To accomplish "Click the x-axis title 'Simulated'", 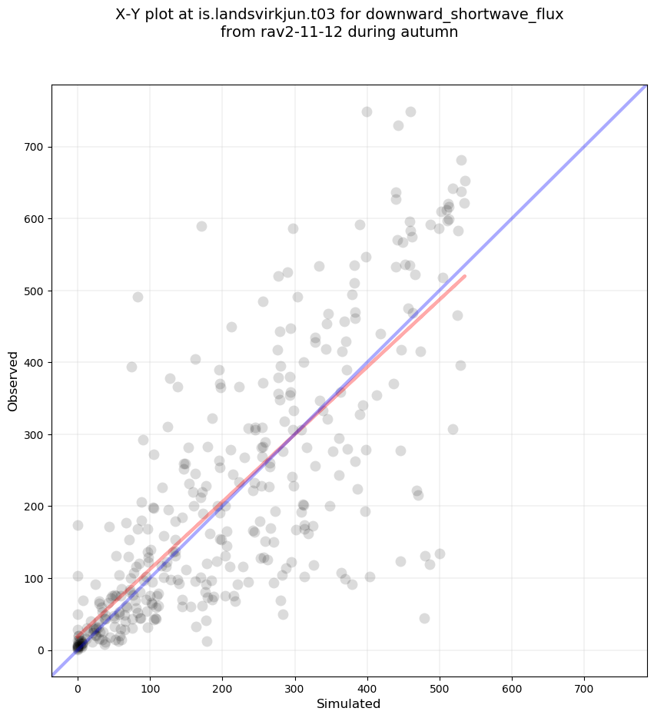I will click(x=349, y=703).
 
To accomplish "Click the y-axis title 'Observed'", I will click(x=13, y=381).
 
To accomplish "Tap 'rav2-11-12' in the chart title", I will click(x=292, y=32).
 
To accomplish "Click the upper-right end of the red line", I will click(x=465, y=275).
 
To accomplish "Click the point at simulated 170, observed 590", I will click(x=201, y=226).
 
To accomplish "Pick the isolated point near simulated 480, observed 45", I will click(x=424, y=618).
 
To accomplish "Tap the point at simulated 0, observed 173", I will click(x=78, y=525).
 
